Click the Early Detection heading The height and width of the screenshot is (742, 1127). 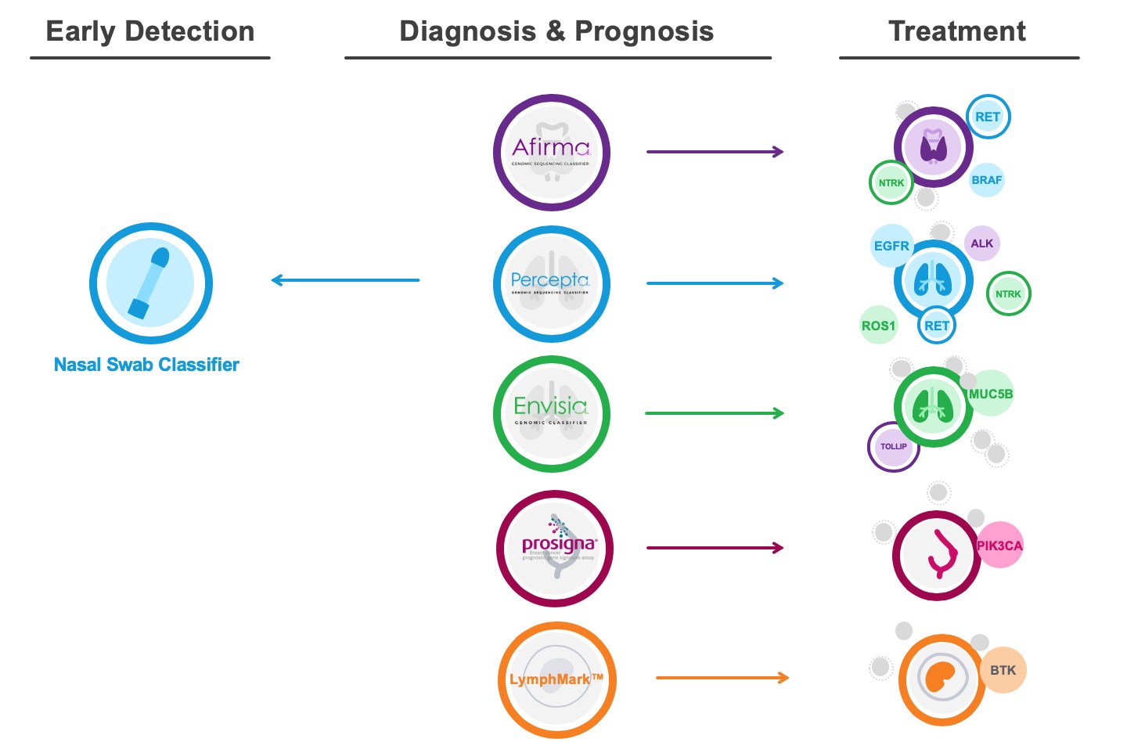(150, 31)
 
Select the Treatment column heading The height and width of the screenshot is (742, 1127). (956, 31)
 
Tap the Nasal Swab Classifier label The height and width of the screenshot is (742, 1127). (146, 365)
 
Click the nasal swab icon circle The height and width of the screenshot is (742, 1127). (151, 283)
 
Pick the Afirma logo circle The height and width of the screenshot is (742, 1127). (552, 153)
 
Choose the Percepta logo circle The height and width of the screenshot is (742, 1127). (552, 284)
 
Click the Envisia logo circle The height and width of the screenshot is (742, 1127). (552, 414)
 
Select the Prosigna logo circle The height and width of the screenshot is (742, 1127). (555, 549)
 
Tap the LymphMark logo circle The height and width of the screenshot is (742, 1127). (556, 679)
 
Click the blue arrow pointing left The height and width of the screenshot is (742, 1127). (345, 280)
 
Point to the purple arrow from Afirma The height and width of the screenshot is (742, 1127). (715, 152)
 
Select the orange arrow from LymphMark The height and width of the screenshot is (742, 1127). (722, 678)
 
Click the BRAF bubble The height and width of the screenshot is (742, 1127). (986, 180)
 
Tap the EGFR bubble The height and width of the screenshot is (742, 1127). (891, 246)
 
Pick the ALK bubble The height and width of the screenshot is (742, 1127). (981, 243)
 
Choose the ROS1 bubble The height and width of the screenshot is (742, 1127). (878, 326)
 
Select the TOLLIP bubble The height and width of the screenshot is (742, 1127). (893, 447)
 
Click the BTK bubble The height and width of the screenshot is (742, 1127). (1003, 670)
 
